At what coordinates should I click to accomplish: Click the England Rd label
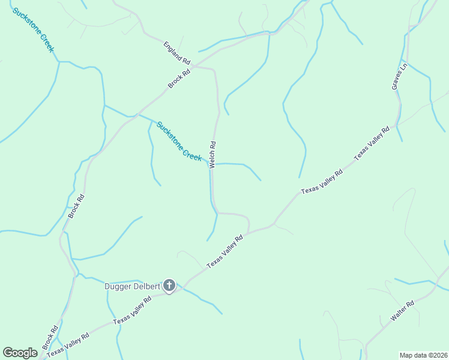pos(176,53)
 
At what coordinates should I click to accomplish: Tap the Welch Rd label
pos(212,155)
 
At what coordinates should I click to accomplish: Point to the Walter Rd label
pos(402,313)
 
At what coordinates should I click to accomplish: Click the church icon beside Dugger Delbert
pos(169,286)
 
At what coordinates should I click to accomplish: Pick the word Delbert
pos(147,286)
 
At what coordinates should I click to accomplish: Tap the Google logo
pos(20,352)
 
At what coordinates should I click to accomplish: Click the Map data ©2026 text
pos(423,355)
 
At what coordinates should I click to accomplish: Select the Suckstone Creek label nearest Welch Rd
pos(178,141)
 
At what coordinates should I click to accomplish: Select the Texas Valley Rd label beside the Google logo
pos(68,344)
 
